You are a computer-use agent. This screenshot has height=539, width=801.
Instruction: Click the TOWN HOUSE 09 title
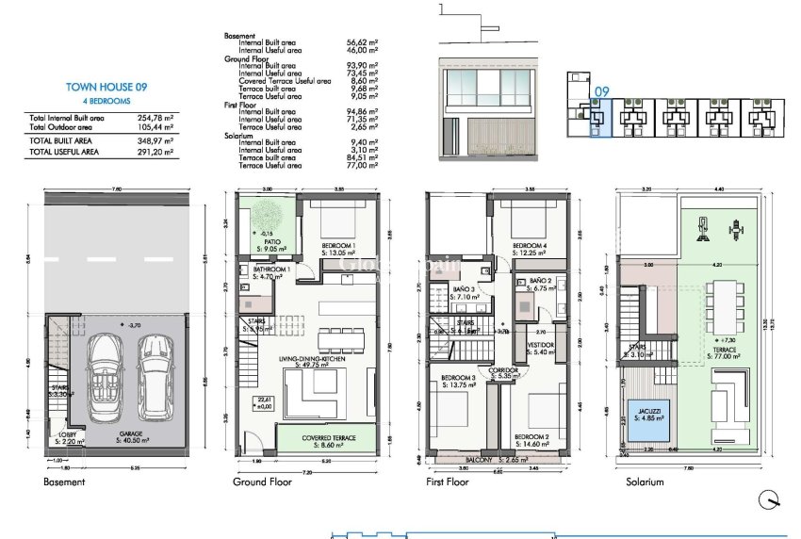(106, 87)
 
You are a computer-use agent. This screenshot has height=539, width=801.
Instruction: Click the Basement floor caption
(64, 482)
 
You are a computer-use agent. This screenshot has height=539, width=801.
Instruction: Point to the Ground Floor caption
(262, 482)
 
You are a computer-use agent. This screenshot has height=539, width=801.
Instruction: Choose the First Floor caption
(448, 482)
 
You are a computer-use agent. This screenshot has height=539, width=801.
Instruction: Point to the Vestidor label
(540, 346)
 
